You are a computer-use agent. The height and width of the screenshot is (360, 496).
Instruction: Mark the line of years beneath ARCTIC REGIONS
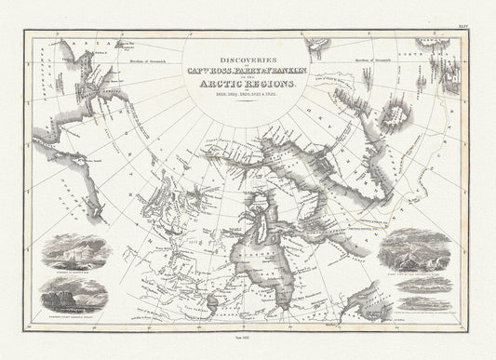(248, 96)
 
